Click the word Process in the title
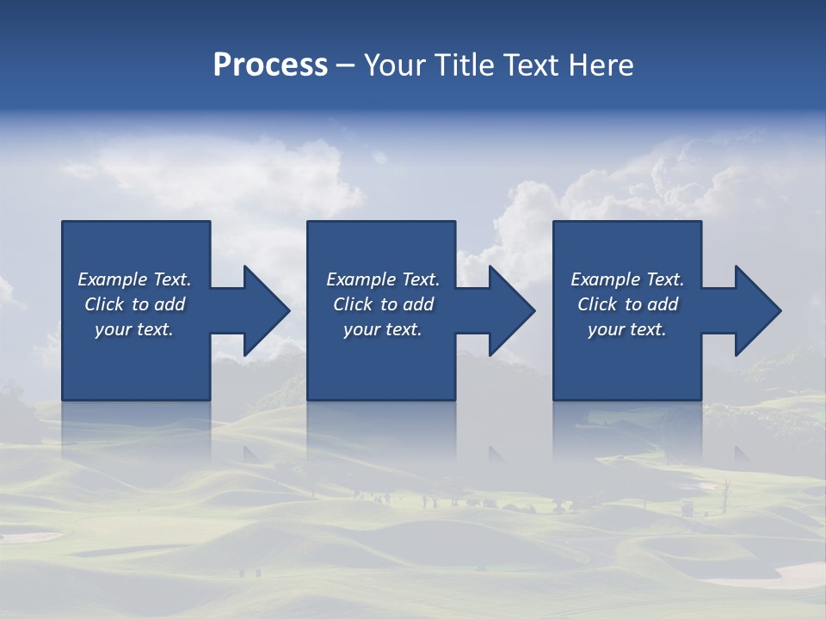tap(270, 65)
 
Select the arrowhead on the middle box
tap(510, 310)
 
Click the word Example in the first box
tap(113, 279)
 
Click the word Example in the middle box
tap(361, 279)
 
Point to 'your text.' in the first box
tap(134, 329)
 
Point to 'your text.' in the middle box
tap(383, 329)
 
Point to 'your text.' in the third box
tap(627, 329)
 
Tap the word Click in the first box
tap(104, 304)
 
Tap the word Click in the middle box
tap(353, 304)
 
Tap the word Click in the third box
tap(597, 304)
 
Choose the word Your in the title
tap(395, 65)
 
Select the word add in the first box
tap(170, 304)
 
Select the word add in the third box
tap(663, 304)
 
